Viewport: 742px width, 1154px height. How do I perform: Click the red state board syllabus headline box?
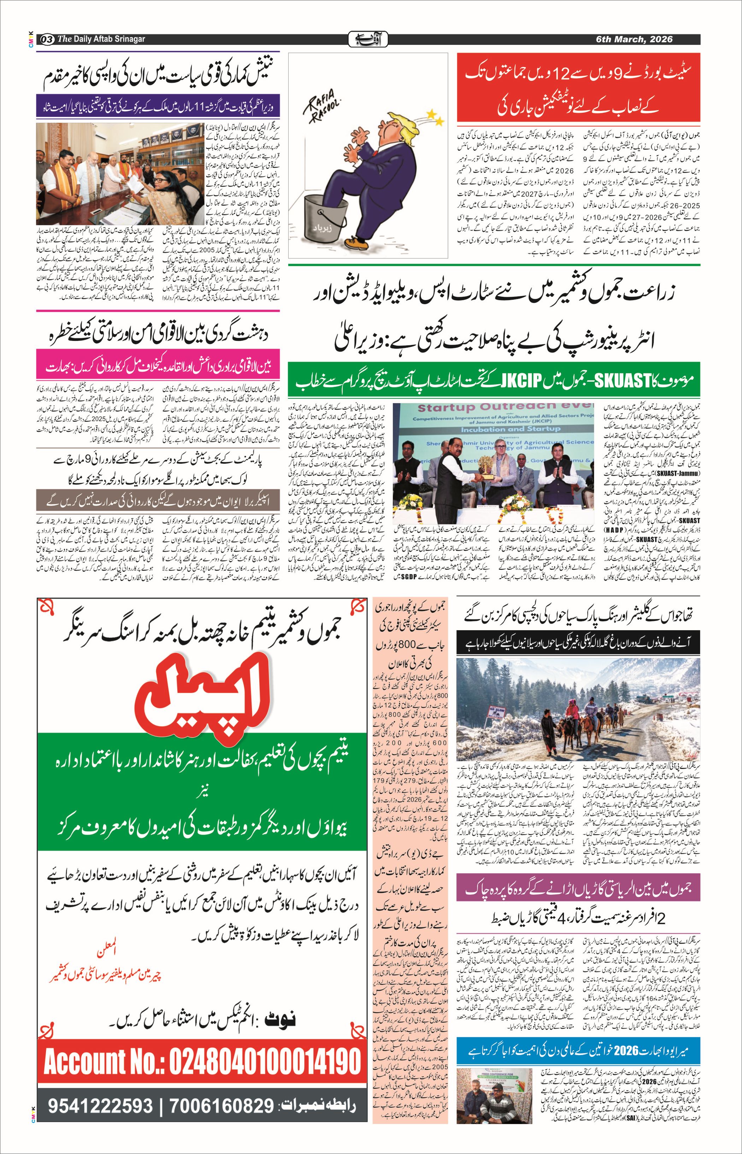click(578, 87)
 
